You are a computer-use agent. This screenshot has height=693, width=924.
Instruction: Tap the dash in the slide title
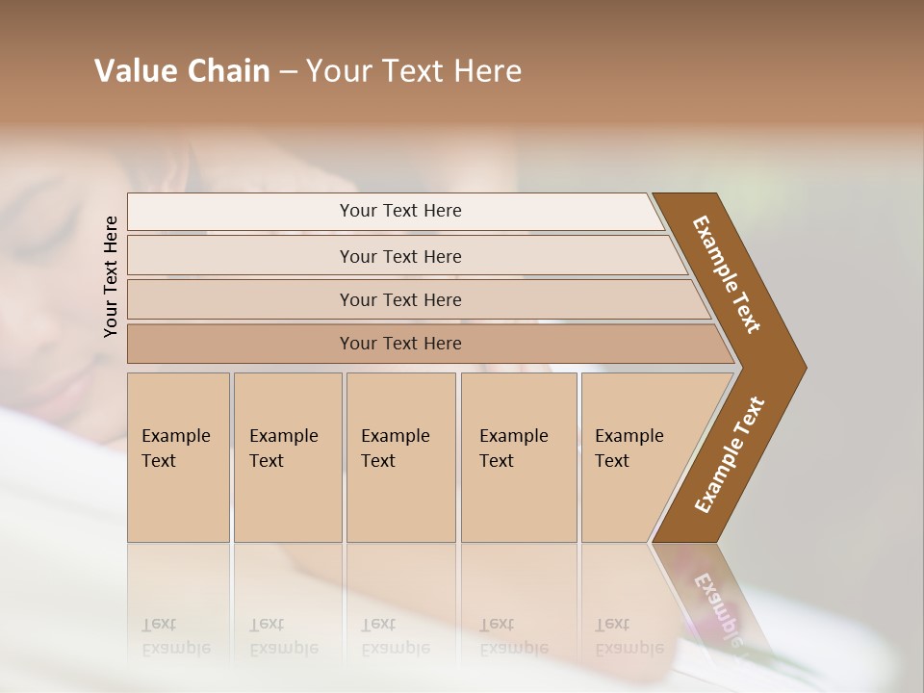[x=288, y=72]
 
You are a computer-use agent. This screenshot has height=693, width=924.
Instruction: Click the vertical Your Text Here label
[x=111, y=276]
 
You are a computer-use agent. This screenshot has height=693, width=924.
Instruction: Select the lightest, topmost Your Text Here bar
[x=400, y=211]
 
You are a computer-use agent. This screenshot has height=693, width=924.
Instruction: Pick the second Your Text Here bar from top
[x=400, y=256]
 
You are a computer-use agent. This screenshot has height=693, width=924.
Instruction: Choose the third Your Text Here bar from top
[x=400, y=299]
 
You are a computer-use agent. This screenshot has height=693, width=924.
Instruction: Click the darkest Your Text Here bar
[x=400, y=344]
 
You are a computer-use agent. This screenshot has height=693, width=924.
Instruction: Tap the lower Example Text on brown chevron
[x=731, y=454]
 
